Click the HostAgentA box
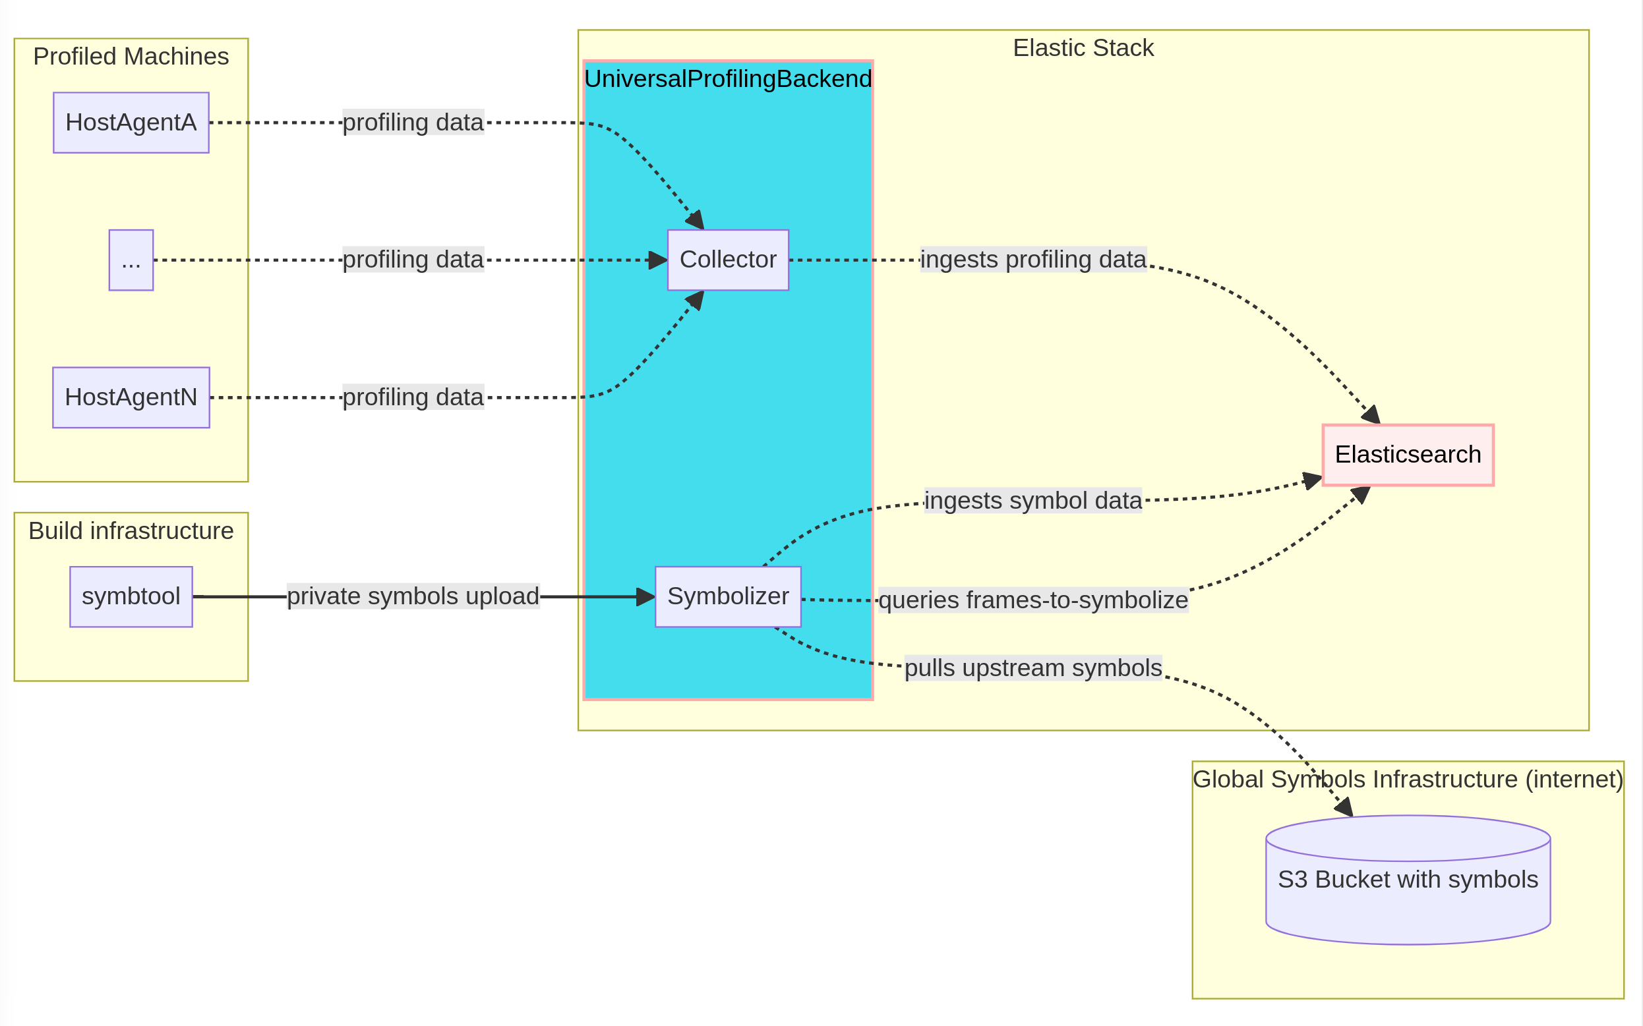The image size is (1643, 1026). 131,123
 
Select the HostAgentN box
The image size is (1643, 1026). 131,397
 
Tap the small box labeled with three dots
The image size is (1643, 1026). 131,260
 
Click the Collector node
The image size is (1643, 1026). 728,260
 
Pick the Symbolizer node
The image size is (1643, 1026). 728,596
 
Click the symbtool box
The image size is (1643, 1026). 131,596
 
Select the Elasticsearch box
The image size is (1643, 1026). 1408,455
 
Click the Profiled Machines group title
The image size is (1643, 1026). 131,56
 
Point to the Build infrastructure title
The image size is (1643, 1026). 131,530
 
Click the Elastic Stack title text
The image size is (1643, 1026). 1083,48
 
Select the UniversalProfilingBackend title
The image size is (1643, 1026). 728,79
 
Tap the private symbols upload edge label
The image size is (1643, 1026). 413,596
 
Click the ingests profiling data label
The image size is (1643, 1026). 1032,260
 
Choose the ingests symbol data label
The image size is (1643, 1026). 1032,501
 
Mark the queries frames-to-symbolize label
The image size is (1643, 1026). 1032,600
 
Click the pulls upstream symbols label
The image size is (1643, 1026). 1032,668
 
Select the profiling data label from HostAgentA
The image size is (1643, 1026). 413,123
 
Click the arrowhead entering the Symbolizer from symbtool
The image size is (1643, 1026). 645,597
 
